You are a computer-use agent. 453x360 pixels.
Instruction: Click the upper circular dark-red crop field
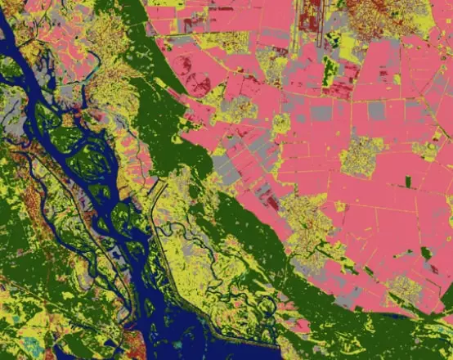[182, 63]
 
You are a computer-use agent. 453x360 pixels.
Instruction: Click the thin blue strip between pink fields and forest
[392, 315]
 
